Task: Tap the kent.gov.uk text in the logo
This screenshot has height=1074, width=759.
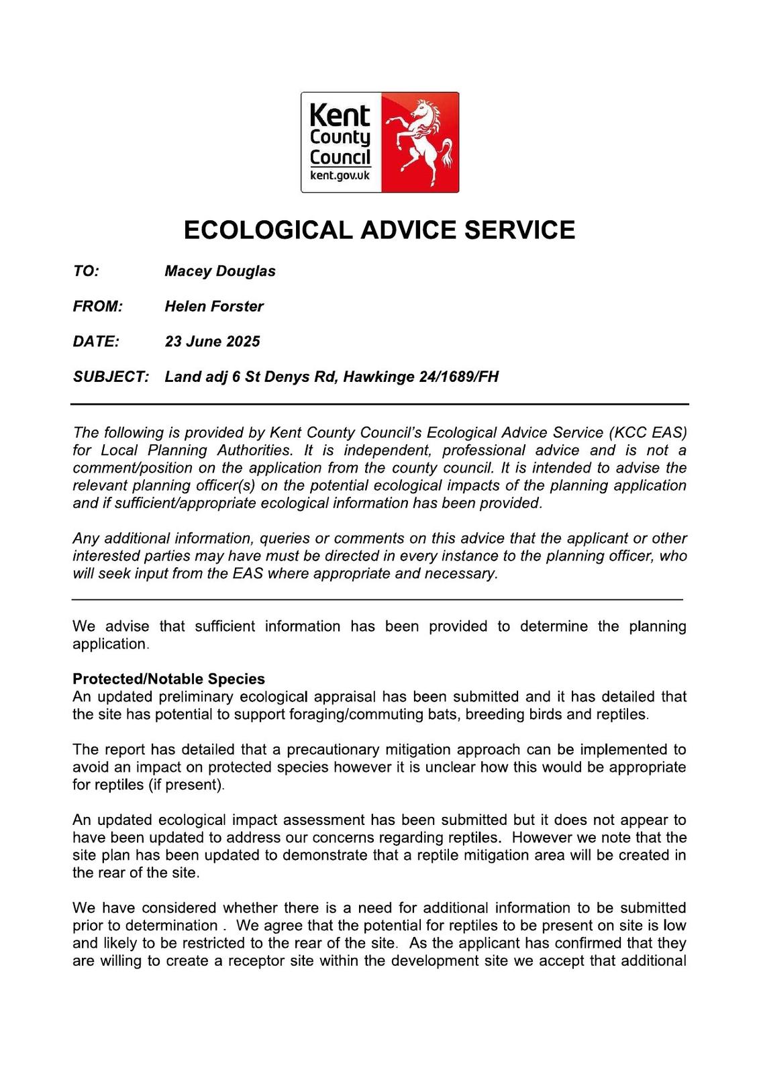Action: (x=340, y=176)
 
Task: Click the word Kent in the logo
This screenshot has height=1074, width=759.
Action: (x=340, y=115)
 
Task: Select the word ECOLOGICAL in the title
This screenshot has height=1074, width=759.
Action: (x=268, y=230)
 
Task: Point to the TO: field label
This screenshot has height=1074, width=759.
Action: (x=86, y=271)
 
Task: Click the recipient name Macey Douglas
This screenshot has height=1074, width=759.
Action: (x=220, y=271)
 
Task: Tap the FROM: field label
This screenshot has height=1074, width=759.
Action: (x=98, y=306)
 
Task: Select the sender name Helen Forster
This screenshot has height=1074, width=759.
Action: (x=214, y=306)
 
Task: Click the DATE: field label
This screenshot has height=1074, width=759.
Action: (x=96, y=341)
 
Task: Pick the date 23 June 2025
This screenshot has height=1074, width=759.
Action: (x=212, y=341)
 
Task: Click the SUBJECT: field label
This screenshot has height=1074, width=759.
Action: (x=111, y=377)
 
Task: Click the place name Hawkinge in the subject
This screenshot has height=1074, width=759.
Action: (x=378, y=377)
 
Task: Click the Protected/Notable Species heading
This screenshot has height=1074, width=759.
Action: (x=168, y=679)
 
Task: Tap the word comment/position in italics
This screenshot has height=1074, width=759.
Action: (x=128, y=468)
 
